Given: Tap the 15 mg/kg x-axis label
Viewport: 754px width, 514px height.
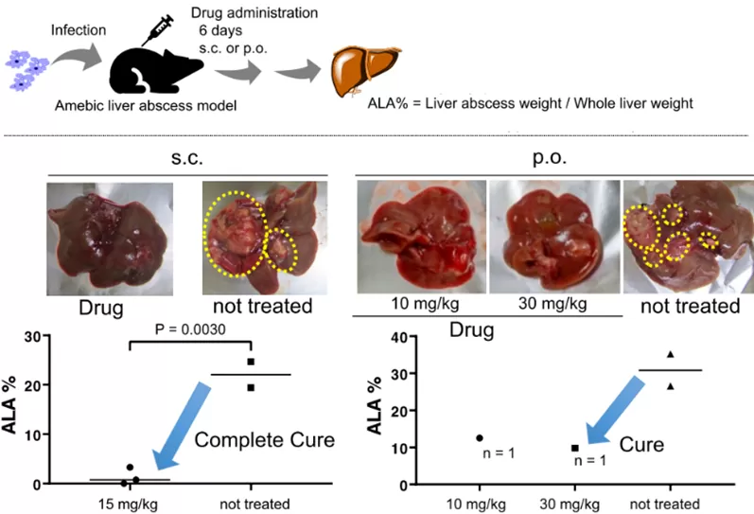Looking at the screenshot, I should pyautogui.click(x=130, y=502).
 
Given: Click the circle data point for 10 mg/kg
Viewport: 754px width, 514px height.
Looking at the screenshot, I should pyautogui.click(x=480, y=437).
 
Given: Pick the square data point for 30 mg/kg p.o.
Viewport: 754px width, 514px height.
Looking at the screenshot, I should pyautogui.click(x=574, y=447).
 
